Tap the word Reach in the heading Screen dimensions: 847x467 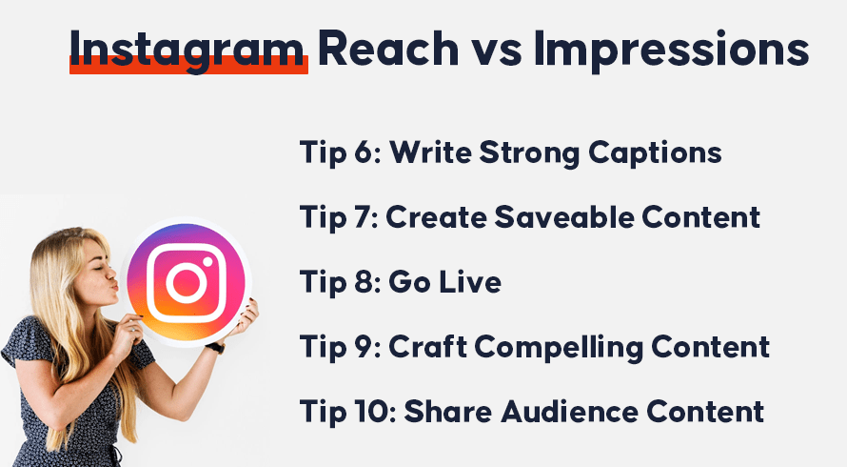pyautogui.click(x=388, y=48)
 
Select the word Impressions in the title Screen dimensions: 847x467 pyautogui.click(x=672, y=50)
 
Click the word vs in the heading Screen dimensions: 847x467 pyautogui.click(x=496, y=53)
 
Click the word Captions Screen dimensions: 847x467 pyautogui.click(x=655, y=153)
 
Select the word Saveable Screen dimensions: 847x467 pyautogui.click(x=564, y=217)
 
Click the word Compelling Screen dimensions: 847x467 pyautogui.click(x=559, y=349)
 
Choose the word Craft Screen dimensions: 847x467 pyautogui.click(x=427, y=346)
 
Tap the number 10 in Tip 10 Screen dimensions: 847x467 pyautogui.click(x=373, y=412)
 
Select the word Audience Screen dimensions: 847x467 pyautogui.click(x=569, y=412)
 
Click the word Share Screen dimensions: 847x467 pyautogui.click(x=448, y=412)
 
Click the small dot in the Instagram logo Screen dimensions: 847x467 pyautogui.click(x=207, y=261)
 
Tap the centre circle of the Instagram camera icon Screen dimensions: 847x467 pyautogui.click(x=187, y=282)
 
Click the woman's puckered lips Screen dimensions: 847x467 pyautogui.click(x=113, y=284)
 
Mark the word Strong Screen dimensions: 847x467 pyautogui.click(x=529, y=153)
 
